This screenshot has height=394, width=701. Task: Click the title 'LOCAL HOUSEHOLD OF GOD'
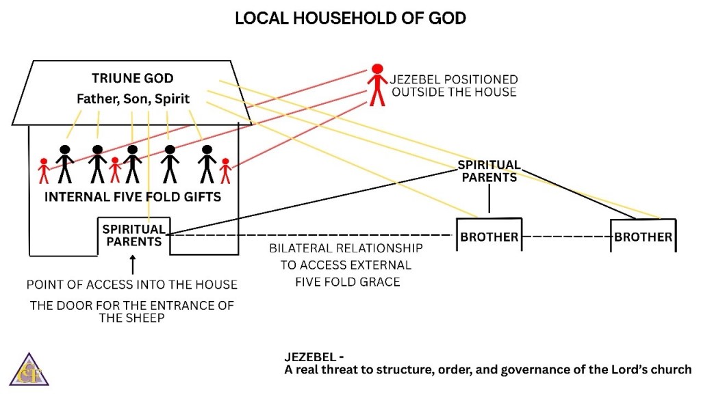point(350,18)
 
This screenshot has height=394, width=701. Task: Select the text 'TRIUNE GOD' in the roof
point(133,78)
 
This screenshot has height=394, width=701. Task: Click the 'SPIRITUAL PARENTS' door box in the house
point(133,235)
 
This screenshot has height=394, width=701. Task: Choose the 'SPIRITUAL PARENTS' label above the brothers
point(489,171)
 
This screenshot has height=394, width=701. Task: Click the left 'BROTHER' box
point(489,237)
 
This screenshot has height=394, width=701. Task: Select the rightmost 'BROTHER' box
point(643,237)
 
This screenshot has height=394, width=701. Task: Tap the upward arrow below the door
point(133,263)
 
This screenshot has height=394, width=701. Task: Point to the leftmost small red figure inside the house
point(44,171)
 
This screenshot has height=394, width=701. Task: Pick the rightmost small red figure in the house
point(225,171)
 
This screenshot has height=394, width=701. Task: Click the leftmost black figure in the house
point(65,163)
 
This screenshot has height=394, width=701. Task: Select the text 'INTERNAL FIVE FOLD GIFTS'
point(133,198)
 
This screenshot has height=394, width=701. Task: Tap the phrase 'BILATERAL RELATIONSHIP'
point(346,248)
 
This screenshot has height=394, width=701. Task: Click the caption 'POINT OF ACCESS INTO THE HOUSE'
point(131,284)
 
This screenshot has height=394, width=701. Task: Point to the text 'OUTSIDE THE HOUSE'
point(454,92)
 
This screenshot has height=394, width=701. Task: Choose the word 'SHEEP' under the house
point(147,319)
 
